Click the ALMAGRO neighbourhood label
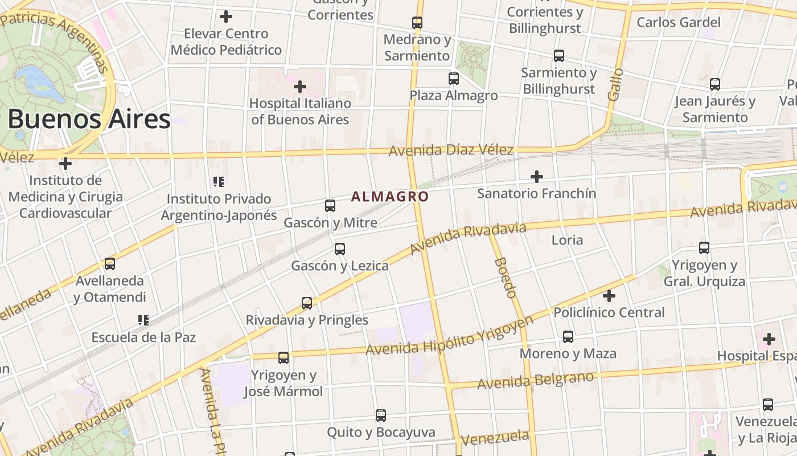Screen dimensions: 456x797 (389, 197)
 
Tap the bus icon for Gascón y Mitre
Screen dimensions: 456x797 (330, 206)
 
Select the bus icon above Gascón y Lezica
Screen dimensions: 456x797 (340, 249)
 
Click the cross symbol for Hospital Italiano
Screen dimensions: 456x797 (300, 87)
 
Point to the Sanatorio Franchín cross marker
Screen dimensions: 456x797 (536, 177)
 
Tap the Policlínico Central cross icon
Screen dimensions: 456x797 (609, 296)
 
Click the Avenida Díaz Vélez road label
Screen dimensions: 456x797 (451, 150)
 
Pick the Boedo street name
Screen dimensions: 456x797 (506, 278)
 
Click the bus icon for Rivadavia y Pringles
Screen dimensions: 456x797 (307, 303)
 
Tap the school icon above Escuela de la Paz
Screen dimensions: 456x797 (143, 320)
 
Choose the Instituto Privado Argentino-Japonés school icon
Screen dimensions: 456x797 (219, 182)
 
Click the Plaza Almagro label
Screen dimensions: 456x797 (454, 95)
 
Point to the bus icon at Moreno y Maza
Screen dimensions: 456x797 (568, 337)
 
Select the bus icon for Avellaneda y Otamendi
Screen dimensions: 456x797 (110, 264)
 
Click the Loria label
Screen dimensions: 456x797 (567, 240)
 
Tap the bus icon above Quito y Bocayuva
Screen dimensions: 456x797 (381, 416)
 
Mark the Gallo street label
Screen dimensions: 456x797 (615, 85)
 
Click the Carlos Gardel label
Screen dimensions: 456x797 (679, 22)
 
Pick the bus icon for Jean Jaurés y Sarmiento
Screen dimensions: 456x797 (715, 84)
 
